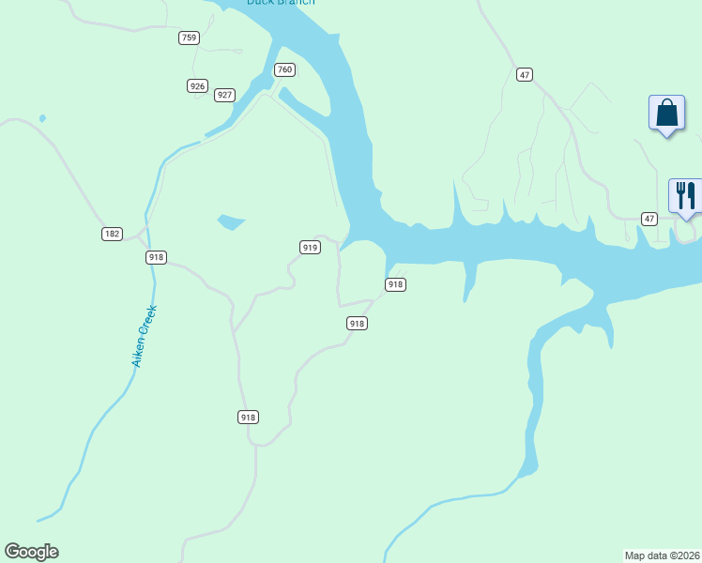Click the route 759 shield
point(190,38)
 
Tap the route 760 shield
point(285,69)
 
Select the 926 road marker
point(197,86)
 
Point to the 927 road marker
point(224,95)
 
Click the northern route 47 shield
point(525,74)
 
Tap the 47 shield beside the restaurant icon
point(649,219)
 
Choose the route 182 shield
point(113,234)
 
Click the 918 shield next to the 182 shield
point(157,257)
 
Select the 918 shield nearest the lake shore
point(395,284)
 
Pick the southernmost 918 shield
point(248,417)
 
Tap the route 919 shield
point(310,247)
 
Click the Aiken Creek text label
point(145,335)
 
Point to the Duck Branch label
point(281,3)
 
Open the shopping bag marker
point(666,114)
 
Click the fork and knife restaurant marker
point(685,196)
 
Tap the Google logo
point(31,552)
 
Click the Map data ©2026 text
point(663,555)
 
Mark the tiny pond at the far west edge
point(42,118)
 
